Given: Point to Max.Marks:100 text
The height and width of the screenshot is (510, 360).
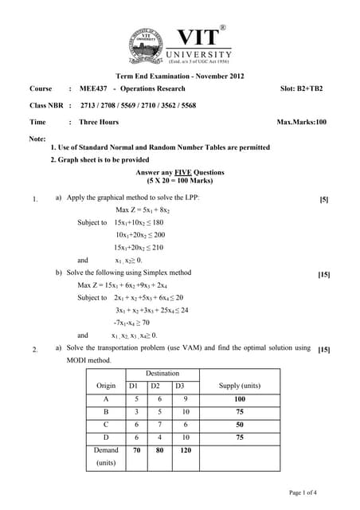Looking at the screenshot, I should coord(301,122).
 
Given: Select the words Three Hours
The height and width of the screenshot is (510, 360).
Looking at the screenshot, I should coord(99,122).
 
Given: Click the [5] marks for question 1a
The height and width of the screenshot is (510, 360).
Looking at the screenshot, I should coord(323,198).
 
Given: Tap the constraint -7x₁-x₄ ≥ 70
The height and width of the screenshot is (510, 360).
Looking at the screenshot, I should coord(137,323).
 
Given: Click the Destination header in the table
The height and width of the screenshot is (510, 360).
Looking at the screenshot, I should coord(162,374).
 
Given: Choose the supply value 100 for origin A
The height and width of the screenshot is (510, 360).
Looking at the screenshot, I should coord(240,398).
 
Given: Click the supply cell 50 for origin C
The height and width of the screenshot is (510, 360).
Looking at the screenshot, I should coord(240,424).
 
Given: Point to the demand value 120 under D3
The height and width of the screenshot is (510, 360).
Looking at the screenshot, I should coord(186,449).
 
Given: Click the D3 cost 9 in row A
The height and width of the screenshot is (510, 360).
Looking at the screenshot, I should coord(185,398).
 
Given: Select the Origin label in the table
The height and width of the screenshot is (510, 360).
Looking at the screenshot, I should coord(105,386).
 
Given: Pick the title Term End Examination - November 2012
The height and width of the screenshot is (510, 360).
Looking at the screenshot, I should coord(179,76).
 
